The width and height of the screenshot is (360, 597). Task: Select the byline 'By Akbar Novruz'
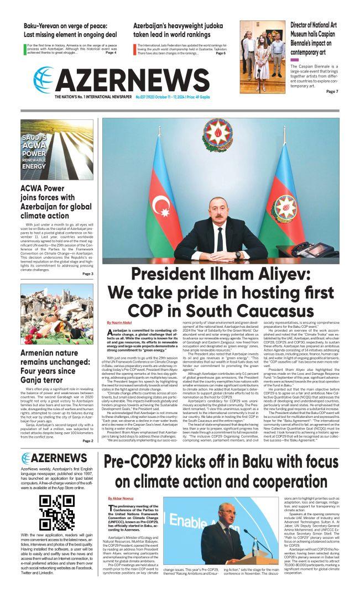tap(117, 499)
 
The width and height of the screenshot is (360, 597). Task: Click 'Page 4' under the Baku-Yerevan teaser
tap(111, 53)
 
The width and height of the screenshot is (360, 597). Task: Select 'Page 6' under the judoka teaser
tap(220, 54)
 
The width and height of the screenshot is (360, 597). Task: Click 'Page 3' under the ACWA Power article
tap(87, 274)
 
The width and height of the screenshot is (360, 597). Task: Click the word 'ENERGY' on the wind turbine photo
tap(34, 166)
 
